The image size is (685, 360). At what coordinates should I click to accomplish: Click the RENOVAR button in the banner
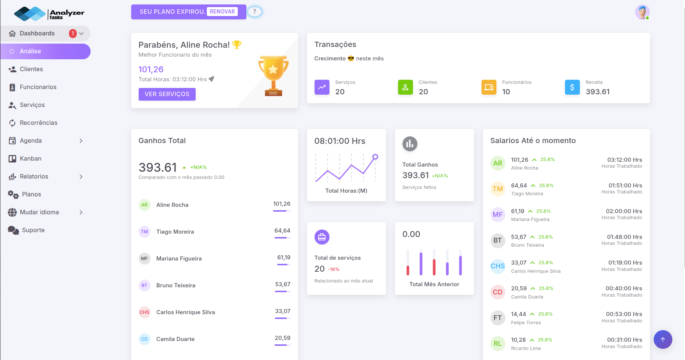pyautogui.click(x=222, y=12)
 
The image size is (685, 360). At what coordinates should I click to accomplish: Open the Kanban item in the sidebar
pyautogui.click(x=31, y=158)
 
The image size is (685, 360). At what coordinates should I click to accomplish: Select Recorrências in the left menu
pyautogui.click(x=38, y=123)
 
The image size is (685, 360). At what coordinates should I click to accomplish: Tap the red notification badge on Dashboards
pyautogui.click(x=73, y=34)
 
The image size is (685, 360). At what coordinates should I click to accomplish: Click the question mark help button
pyautogui.click(x=255, y=12)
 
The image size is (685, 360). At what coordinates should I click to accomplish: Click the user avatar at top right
pyautogui.click(x=642, y=12)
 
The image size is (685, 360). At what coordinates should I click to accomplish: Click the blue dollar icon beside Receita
pyautogui.click(x=572, y=87)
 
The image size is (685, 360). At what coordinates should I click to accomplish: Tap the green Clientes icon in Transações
pyautogui.click(x=405, y=87)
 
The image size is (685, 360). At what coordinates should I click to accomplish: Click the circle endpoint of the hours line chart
pyautogui.click(x=375, y=157)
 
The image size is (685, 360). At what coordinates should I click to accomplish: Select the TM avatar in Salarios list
pyautogui.click(x=498, y=189)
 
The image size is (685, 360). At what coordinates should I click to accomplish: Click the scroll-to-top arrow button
pyautogui.click(x=663, y=340)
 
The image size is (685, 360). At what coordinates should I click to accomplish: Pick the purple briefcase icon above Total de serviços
pyautogui.click(x=322, y=237)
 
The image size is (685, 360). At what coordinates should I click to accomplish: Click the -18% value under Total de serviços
pyautogui.click(x=334, y=269)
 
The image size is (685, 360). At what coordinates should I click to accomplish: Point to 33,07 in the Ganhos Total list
pyautogui.click(x=282, y=311)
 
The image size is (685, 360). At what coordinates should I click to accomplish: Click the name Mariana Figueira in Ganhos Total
pyautogui.click(x=179, y=259)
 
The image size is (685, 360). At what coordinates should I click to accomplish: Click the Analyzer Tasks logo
pyautogui.click(x=49, y=14)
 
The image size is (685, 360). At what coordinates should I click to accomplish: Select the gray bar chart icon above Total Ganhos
pyautogui.click(x=410, y=144)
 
